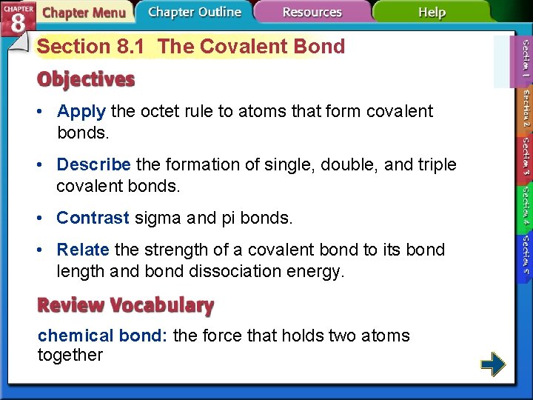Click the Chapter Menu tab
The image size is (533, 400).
click(x=83, y=13)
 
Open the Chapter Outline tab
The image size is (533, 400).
click(x=194, y=12)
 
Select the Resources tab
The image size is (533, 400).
click(x=312, y=12)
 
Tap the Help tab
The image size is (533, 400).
click(x=432, y=12)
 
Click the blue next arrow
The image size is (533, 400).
click(x=493, y=364)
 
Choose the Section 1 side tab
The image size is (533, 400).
click(x=525, y=59)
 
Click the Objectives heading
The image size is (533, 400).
click(x=87, y=79)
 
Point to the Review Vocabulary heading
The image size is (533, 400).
click(x=126, y=304)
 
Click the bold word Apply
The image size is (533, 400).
click(x=81, y=112)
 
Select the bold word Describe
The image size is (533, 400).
click(x=93, y=164)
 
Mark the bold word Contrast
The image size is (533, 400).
click(x=93, y=218)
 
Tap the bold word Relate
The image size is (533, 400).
click(x=83, y=250)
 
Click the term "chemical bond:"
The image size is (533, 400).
click(x=104, y=336)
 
